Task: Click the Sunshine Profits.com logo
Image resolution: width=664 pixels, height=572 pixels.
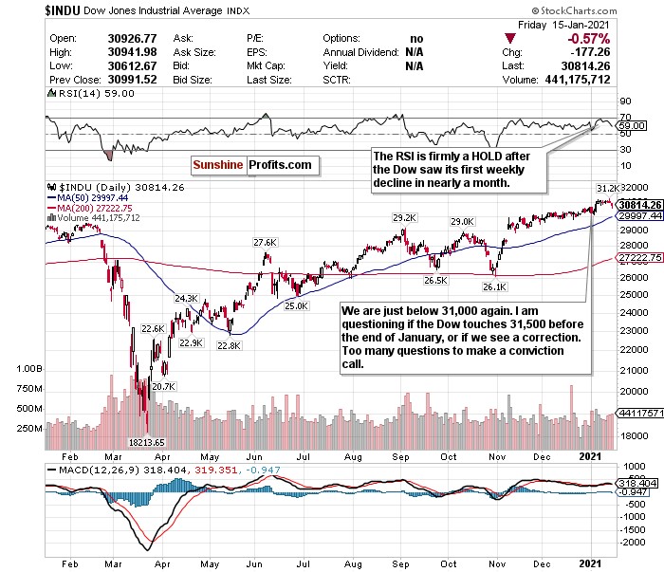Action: pos(251,165)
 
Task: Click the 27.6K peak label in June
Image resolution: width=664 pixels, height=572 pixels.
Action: pos(263,243)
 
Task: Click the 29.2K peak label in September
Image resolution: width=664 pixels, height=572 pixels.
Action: pos(406,217)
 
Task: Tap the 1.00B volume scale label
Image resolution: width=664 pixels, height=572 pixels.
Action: pos(31,367)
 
